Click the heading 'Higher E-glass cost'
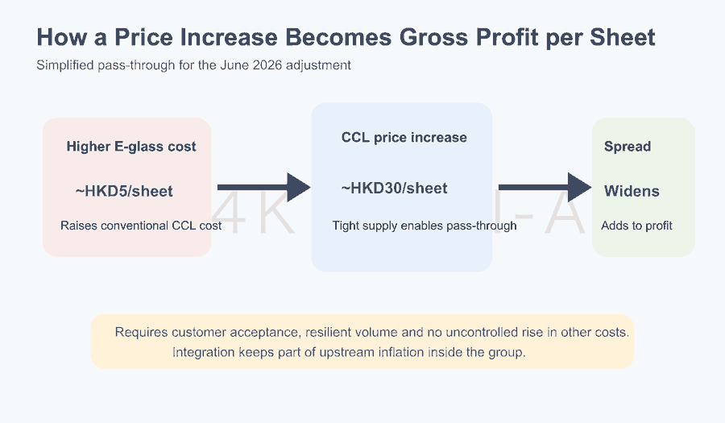pos(131,147)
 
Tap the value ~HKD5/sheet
pos(124,191)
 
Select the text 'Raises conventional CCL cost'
pos(141,226)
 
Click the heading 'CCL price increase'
pos(404,137)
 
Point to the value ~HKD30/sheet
pos(395,189)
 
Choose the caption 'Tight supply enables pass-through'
pos(425,226)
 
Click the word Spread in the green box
pos(628,147)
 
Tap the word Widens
pos(632,191)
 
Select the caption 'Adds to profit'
pos(636,226)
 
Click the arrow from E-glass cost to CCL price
pos(263,187)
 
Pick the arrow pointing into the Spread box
pos(545,187)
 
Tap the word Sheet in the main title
pos(623,37)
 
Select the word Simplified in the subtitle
pos(65,65)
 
